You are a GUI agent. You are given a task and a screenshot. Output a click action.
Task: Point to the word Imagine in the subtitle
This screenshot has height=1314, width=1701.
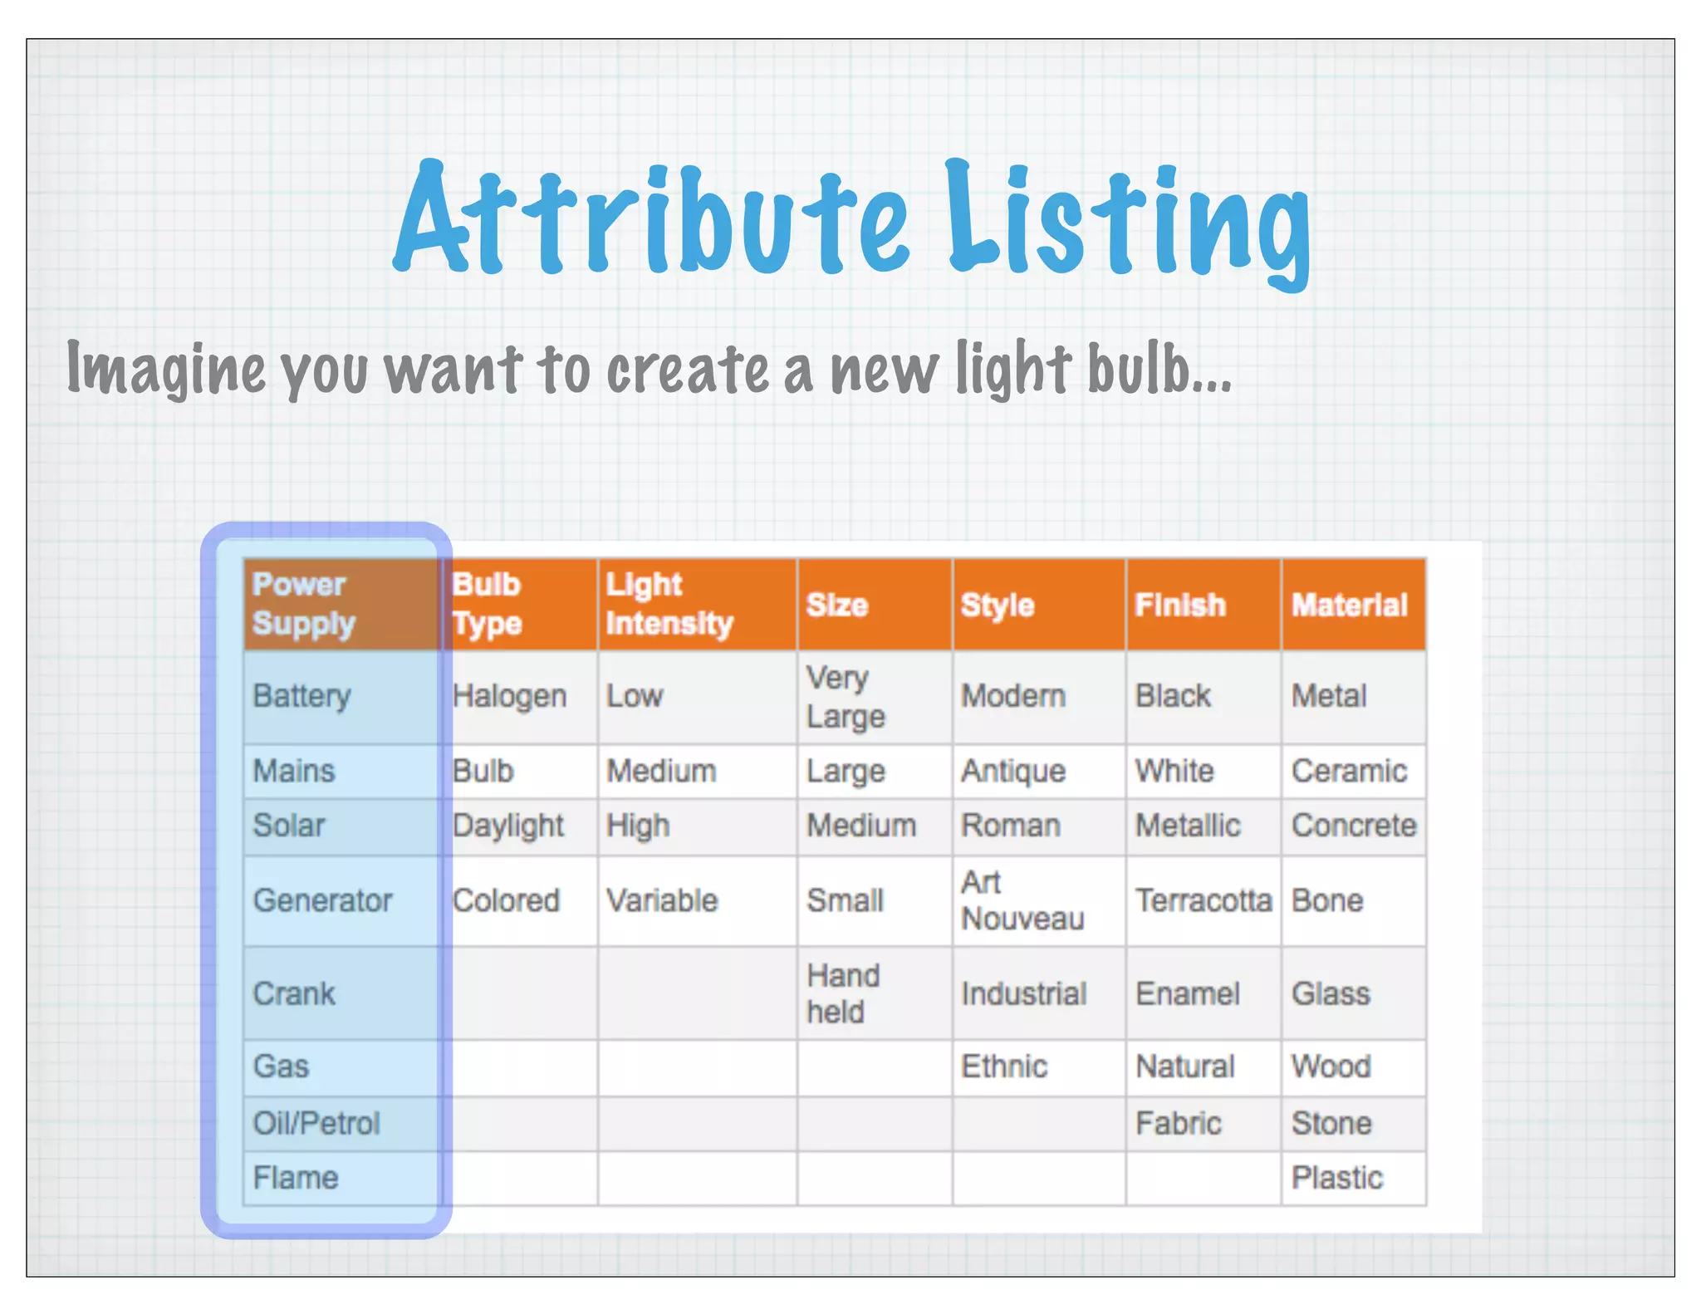(166, 369)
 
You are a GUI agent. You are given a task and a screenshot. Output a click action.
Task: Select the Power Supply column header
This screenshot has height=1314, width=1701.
(304, 604)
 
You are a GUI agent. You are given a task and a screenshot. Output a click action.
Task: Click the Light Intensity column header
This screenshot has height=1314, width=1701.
(669, 604)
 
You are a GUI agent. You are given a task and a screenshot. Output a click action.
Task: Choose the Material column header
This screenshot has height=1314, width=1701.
(1349, 605)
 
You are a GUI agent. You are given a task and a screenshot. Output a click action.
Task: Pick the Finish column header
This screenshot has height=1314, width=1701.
(1180, 605)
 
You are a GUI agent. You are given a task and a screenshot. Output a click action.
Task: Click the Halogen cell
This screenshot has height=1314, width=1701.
(510, 696)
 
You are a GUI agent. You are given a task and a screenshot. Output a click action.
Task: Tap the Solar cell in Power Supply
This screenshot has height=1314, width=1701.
(289, 826)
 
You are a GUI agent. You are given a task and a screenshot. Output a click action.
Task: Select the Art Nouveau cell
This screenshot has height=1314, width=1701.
(1022, 900)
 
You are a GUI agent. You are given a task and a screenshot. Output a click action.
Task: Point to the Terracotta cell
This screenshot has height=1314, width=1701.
(1203, 900)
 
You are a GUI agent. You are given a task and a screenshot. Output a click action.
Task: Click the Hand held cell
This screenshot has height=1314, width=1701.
(843, 993)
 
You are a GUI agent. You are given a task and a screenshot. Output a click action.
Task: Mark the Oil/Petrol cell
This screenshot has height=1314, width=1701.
(316, 1123)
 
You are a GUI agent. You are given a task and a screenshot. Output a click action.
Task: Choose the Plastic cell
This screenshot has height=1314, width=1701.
(1336, 1178)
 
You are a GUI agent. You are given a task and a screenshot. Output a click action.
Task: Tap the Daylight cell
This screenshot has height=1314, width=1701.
(508, 826)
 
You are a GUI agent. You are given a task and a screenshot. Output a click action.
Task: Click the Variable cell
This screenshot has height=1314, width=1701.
(662, 900)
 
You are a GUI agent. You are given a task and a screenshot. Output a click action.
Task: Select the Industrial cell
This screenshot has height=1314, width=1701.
(1023, 993)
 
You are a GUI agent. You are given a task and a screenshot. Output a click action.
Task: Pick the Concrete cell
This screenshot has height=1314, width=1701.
(1353, 826)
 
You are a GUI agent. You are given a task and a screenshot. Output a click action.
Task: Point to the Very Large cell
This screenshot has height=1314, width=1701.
(846, 696)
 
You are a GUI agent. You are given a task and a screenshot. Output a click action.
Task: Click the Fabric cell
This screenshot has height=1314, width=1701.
(1178, 1123)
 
